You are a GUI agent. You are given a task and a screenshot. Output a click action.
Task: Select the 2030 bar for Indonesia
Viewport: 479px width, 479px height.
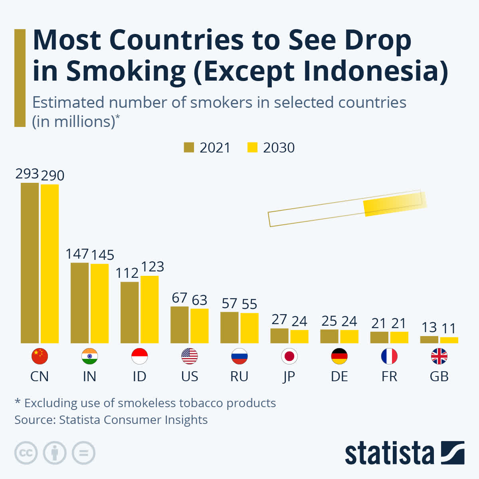[x=149, y=309]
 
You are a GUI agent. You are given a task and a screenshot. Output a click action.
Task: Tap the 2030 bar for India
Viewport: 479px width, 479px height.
[x=99, y=303]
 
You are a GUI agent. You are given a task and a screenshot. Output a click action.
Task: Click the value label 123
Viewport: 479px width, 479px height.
[x=152, y=267]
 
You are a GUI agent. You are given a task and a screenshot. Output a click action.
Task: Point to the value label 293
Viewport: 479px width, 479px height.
[x=27, y=174]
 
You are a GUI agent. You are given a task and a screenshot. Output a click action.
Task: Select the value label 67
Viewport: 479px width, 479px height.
[x=179, y=298]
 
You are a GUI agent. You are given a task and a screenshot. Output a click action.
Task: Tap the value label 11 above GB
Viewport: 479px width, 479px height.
[x=449, y=329]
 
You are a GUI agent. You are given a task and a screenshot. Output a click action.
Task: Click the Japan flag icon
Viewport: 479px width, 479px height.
[x=289, y=356]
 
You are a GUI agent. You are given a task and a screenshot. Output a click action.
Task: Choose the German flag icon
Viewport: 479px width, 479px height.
[x=339, y=356]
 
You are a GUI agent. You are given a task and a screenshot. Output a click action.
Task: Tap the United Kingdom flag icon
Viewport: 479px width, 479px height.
[x=439, y=356]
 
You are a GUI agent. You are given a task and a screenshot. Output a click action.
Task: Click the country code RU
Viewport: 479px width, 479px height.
[x=239, y=376]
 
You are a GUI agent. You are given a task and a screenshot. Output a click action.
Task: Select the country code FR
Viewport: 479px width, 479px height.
[x=389, y=376]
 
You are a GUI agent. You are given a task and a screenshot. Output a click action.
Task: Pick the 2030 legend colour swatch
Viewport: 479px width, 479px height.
[x=252, y=147]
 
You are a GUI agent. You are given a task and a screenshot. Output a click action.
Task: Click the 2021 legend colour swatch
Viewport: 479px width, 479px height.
[x=189, y=147]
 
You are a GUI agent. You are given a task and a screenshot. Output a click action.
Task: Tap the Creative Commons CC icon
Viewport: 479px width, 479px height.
[x=26, y=453]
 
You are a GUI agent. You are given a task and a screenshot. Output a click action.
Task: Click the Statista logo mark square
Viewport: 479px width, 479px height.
[x=453, y=453]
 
